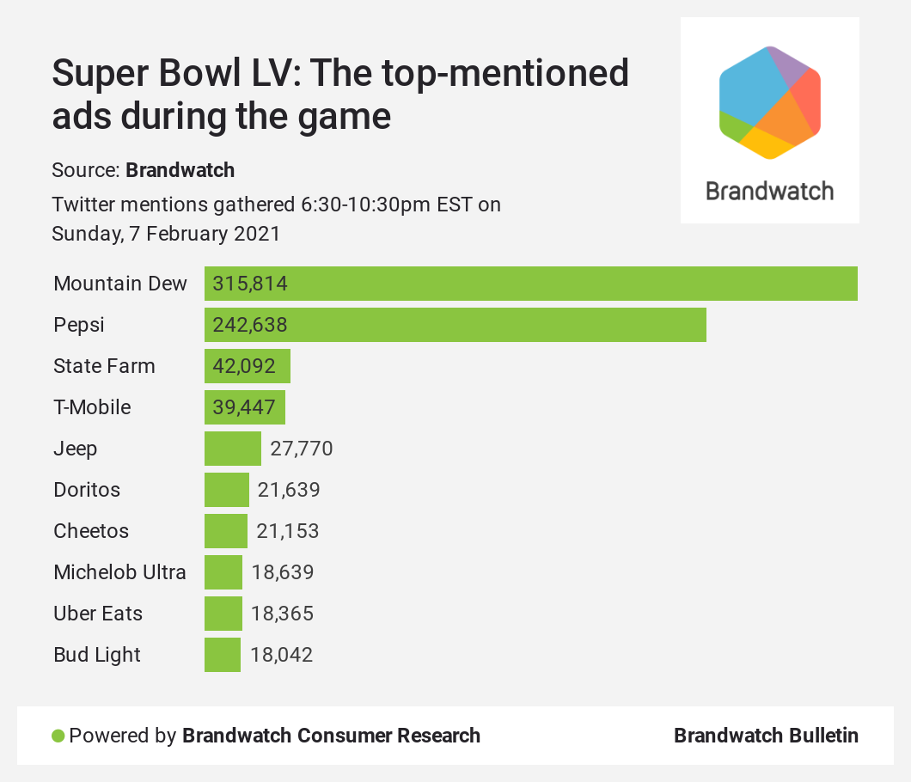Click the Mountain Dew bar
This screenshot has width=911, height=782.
(x=530, y=284)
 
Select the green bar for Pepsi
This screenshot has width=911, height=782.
(x=455, y=325)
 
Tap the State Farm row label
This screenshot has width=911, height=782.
(x=104, y=366)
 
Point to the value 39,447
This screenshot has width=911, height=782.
(x=244, y=407)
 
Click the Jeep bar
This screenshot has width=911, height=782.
(x=232, y=449)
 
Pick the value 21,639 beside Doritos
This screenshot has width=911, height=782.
(x=289, y=490)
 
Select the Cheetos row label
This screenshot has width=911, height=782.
(x=91, y=531)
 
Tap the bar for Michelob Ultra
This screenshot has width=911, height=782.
(x=223, y=572)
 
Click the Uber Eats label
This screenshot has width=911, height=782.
(x=98, y=614)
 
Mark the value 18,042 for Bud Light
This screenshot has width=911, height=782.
(x=281, y=655)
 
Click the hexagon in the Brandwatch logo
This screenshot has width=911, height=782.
(x=769, y=103)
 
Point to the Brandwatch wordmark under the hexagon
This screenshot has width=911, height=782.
(x=769, y=190)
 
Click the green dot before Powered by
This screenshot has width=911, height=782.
(x=58, y=736)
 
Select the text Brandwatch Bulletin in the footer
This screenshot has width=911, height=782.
(x=766, y=736)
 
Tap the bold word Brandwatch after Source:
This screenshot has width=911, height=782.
(x=180, y=169)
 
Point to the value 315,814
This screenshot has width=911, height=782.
(x=250, y=284)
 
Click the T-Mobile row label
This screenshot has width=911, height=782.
(x=92, y=407)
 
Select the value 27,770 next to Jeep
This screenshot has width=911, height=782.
(x=301, y=449)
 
